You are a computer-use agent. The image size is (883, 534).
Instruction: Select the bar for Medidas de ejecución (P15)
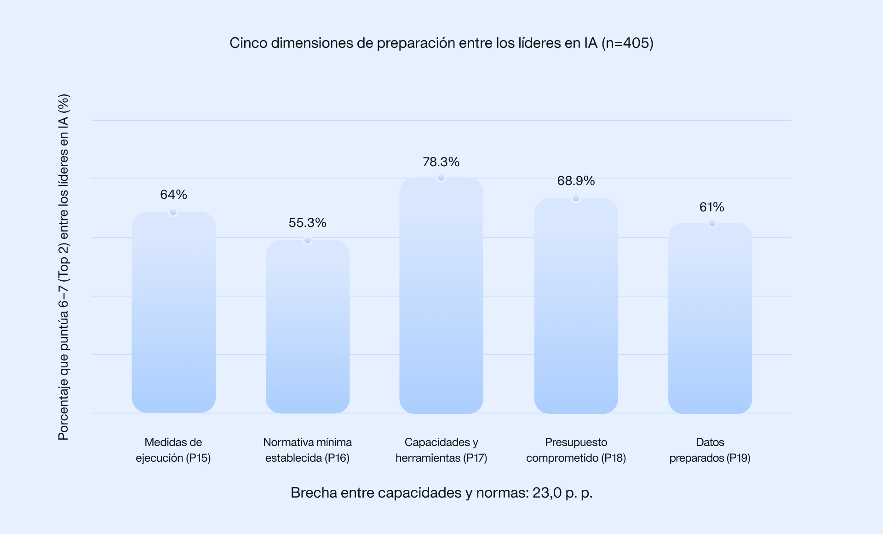(173, 313)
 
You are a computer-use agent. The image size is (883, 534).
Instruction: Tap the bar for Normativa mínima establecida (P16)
(307, 327)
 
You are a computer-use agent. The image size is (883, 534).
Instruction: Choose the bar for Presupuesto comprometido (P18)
(576, 306)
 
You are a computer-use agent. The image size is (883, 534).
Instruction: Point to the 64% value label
(173, 195)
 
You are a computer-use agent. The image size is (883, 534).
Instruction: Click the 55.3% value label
(307, 223)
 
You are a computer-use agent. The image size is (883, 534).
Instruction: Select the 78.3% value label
(441, 162)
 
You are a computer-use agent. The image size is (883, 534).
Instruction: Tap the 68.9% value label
(576, 181)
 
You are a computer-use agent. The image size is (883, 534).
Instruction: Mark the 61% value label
(711, 207)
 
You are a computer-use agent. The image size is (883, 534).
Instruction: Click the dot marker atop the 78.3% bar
(441, 178)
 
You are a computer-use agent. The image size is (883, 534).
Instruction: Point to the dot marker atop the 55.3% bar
(308, 240)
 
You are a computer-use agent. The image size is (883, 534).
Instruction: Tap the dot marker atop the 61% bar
(712, 224)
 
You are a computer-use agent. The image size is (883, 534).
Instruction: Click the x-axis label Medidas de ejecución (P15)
(173, 450)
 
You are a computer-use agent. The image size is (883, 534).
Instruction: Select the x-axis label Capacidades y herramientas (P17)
(441, 450)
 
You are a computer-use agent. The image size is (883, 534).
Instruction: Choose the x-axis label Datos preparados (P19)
(710, 450)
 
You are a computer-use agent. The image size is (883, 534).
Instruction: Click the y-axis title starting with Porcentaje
(63, 267)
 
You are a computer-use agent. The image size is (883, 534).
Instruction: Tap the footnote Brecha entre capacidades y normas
(441, 493)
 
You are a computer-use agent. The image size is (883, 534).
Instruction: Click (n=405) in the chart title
(627, 43)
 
